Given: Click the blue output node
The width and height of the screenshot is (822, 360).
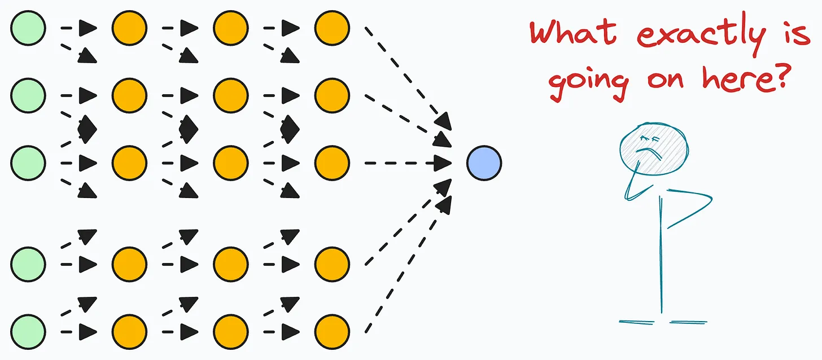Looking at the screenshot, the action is coord(484,163).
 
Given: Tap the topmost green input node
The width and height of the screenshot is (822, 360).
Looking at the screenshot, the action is coord(28,28).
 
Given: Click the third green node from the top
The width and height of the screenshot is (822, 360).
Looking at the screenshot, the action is coord(28,163).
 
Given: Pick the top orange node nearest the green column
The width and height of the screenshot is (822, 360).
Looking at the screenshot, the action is coord(129,28).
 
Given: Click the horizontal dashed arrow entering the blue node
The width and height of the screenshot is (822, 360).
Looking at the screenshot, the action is coord(406,163).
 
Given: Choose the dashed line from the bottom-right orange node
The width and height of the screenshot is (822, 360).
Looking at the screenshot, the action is coord(404,271).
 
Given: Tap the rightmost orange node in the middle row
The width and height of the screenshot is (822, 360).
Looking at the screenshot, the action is coord(332,163).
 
